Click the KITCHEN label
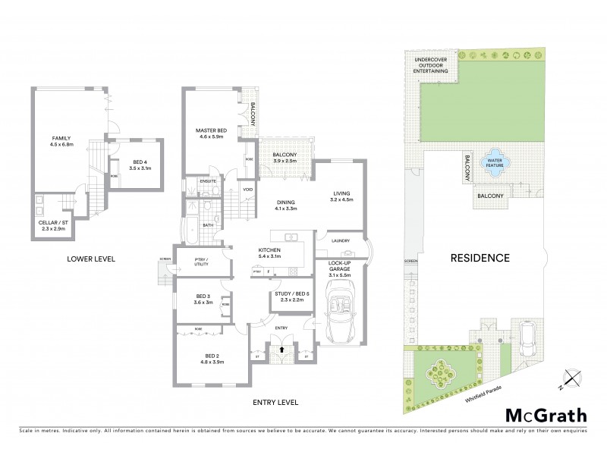[269, 249]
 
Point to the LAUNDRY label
[340, 240]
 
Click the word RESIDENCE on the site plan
[480, 257]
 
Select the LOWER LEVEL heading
[90, 259]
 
